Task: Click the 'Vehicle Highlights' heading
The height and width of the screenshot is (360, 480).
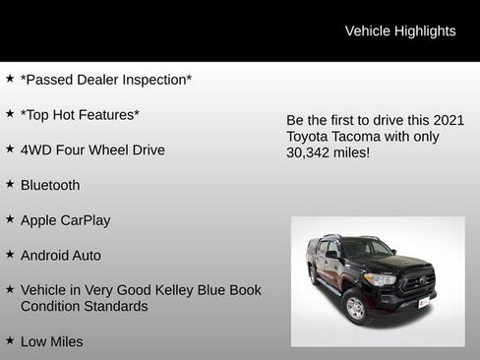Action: (x=399, y=31)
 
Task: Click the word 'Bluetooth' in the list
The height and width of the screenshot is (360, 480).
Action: (x=50, y=185)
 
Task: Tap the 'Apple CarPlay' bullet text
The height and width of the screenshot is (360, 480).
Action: (x=65, y=220)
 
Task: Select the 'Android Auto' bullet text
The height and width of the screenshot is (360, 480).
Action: (x=61, y=256)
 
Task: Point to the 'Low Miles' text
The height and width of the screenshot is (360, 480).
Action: (x=52, y=341)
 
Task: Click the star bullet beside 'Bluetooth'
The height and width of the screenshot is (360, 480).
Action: (x=10, y=184)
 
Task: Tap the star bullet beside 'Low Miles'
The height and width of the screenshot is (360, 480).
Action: (x=10, y=340)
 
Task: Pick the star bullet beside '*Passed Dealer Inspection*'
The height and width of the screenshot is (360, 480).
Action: (x=10, y=78)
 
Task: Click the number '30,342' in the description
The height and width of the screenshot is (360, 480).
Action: (x=311, y=153)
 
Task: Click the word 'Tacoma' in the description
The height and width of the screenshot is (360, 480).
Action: (x=367, y=137)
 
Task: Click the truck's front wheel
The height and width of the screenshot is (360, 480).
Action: (x=356, y=308)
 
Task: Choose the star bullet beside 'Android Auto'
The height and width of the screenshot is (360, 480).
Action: (x=10, y=255)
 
